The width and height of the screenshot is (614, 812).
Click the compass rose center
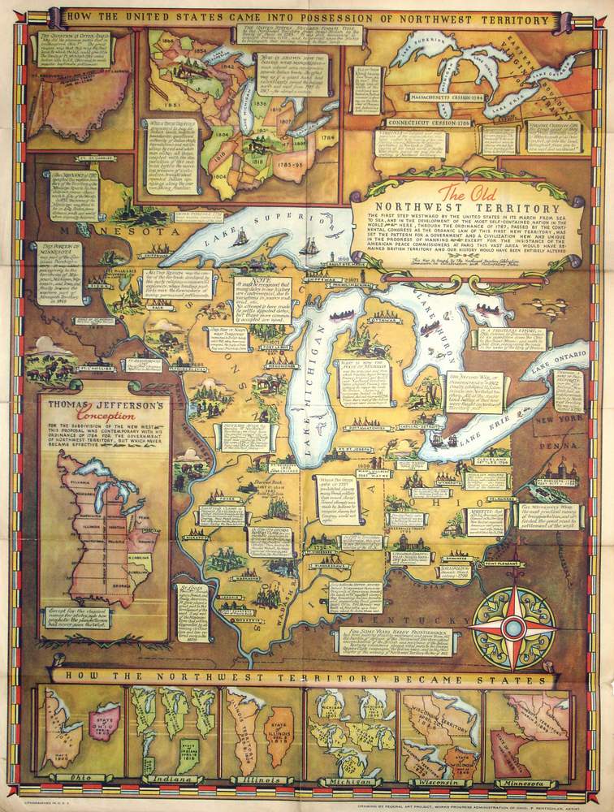(513, 626)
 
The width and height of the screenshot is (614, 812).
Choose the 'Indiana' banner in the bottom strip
(170, 778)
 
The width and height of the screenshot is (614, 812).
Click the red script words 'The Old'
(463, 192)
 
